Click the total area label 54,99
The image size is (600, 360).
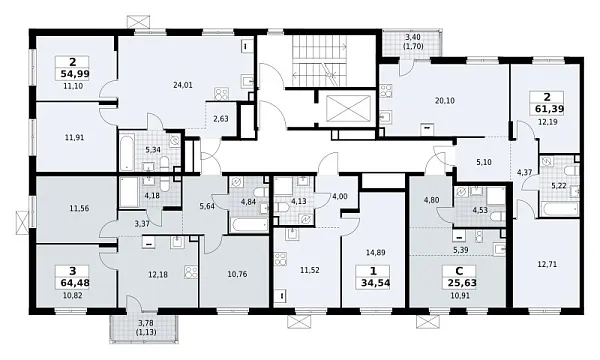coord(75,74)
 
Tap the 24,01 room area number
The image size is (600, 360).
coord(183,85)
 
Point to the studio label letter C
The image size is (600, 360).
coord(459,271)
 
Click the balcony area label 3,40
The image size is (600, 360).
coord(413,37)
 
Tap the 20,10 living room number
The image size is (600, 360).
coord(445,101)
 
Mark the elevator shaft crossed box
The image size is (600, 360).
coord(347,108)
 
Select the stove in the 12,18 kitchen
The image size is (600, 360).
coord(191,272)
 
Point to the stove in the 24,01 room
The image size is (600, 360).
coord(221,94)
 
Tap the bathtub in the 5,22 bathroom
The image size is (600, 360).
coord(558,210)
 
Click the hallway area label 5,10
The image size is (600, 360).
coord(484,162)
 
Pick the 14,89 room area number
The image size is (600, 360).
coord(375,252)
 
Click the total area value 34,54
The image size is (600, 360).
coord(375,284)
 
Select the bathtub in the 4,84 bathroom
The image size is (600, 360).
coord(249,225)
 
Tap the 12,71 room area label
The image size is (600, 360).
coord(547,264)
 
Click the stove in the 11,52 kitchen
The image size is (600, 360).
coord(281,259)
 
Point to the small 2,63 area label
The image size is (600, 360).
coord(221,119)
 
